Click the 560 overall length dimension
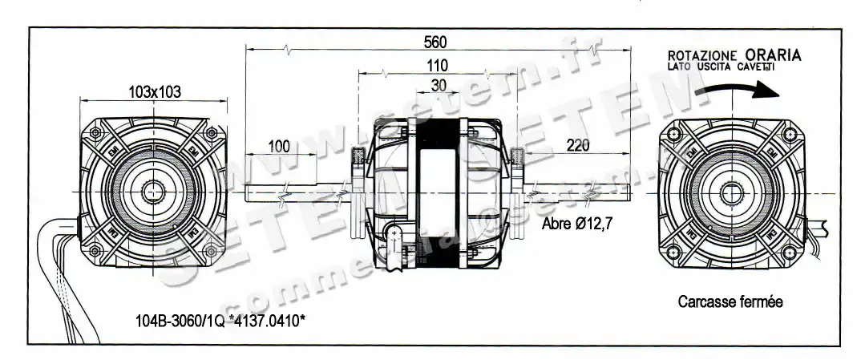[x=436, y=42]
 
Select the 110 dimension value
[x=438, y=66]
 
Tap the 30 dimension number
[x=439, y=85]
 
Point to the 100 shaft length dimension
[x=278, y=146]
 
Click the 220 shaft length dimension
[x=577, y=145]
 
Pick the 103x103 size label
[x=155, y=92]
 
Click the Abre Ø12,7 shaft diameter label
[x=577, y=224]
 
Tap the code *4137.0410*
[x=265, y=322]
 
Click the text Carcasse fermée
[x=730, y=302]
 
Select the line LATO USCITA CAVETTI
[x=721, y=67]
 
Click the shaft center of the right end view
[x=730, y=191]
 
